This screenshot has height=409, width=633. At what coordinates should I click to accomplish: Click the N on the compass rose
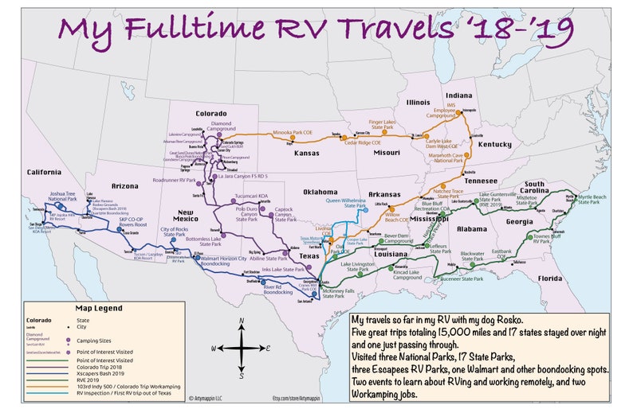[241, 322]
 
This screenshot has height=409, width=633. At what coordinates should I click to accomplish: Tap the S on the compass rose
[242, 374]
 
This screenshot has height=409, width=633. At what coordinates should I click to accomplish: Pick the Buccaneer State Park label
[462, 279]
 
